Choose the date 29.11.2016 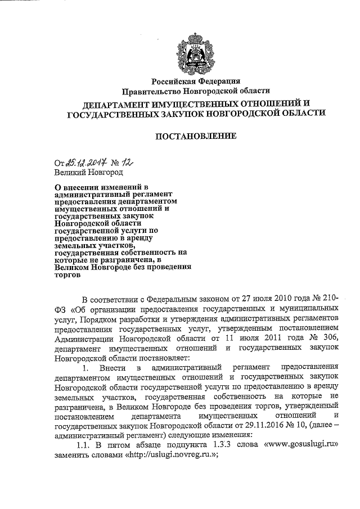click(x=244, y=426)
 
